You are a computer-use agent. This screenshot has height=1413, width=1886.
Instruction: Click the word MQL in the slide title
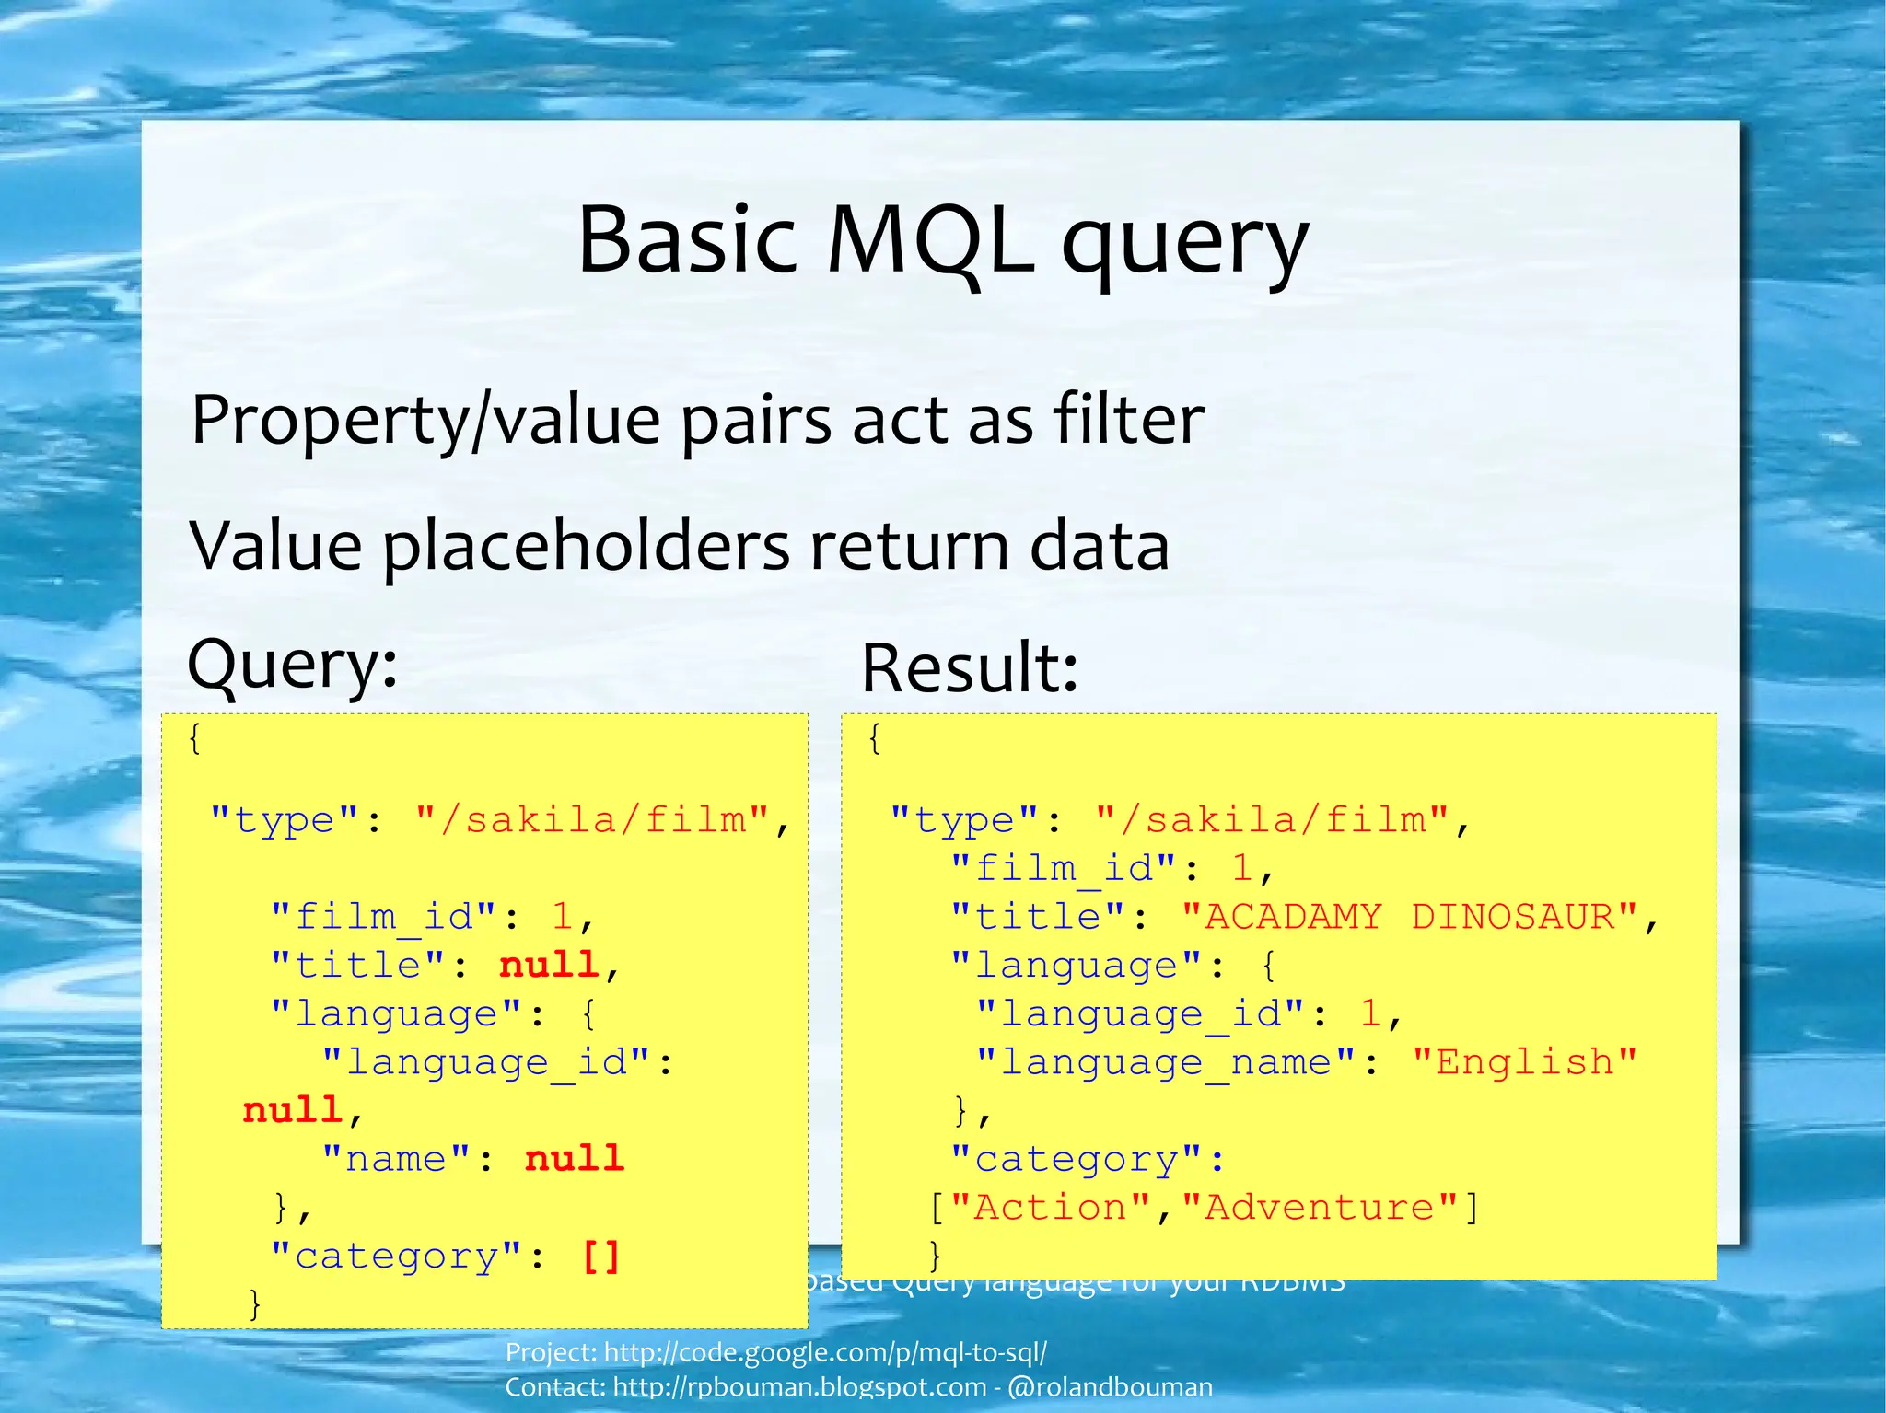point(930,241)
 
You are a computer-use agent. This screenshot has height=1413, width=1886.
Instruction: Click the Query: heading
point(292,665)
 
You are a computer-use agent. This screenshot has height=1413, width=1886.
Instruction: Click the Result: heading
point(969,668)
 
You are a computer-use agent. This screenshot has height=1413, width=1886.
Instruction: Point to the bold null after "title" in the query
point(549,965)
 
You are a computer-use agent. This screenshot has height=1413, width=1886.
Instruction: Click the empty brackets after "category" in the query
point(600,1256)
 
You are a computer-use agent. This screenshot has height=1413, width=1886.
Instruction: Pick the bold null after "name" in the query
point(575,1158)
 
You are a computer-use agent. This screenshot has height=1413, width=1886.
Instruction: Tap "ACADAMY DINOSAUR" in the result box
point(1410,917)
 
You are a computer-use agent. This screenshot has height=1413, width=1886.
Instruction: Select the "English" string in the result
point(1524,1062)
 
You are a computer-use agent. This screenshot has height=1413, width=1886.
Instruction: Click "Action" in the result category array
point(1050,1207)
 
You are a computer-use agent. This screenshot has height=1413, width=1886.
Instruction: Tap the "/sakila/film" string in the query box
point(592,819)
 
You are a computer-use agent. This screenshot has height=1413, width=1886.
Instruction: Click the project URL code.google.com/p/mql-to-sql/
point(825,1352)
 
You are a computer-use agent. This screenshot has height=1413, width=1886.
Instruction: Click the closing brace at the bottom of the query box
point(255,1303)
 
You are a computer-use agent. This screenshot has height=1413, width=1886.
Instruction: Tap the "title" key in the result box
point(1037,917)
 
